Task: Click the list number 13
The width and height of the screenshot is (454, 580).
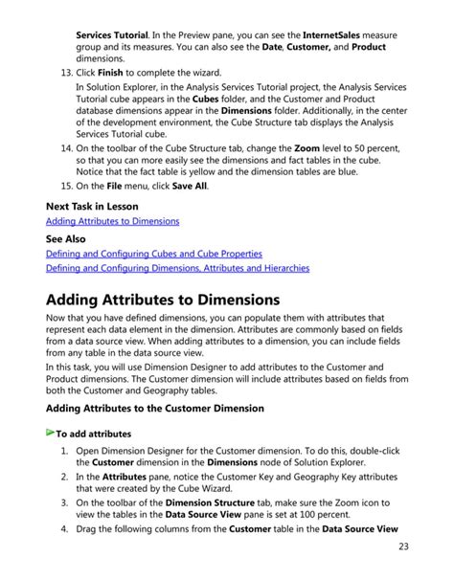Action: click(61, 74)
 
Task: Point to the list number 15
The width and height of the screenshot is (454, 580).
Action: click(61, 185)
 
